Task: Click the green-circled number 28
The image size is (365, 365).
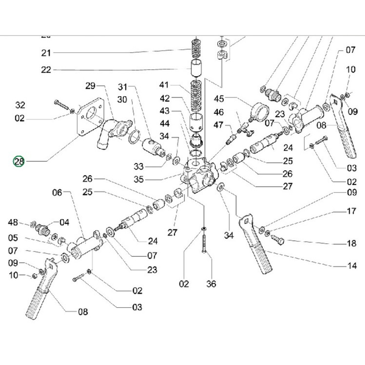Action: click(x=18, y=161)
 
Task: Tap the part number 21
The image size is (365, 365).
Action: click(x=47, y=53)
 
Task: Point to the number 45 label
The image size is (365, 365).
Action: click(x=218, y=99)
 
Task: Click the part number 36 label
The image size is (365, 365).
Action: click(x=211, y=283)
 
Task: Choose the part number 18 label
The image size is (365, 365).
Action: click(x=351, y=243)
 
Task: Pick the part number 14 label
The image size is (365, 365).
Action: click(x=351, y=266)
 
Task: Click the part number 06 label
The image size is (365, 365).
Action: click(x=57, y=193)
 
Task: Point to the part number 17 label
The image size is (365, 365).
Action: click(x=351, y=212)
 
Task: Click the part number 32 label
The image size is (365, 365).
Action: click(x=20, y=105)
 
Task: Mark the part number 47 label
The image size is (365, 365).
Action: click(x=218, y=125)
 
